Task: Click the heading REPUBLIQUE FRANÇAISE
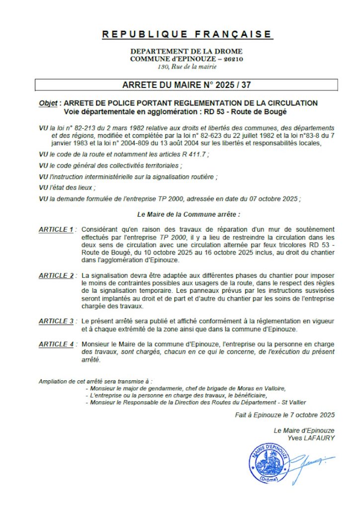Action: pos(186,34)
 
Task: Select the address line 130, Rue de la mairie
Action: pos(186,66)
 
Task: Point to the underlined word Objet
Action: pos(48,103)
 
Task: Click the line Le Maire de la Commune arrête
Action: pos(188,215)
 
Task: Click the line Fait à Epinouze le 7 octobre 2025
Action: pos(284,414)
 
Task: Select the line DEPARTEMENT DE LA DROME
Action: pos(186,51)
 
